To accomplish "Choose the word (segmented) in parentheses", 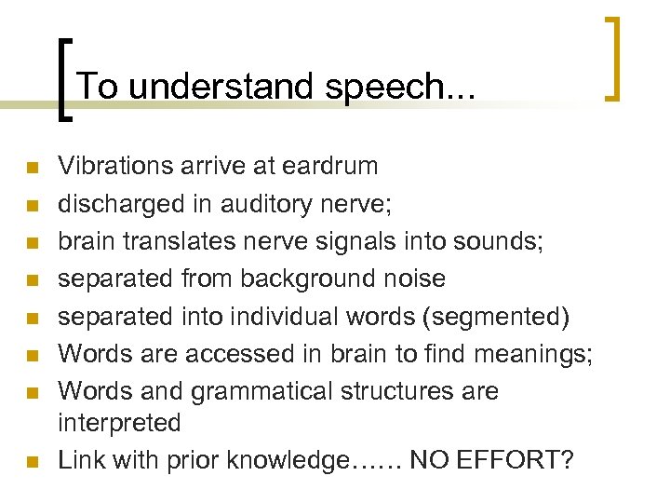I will tap(495, 317).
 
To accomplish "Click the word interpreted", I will tap(119, 423).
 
